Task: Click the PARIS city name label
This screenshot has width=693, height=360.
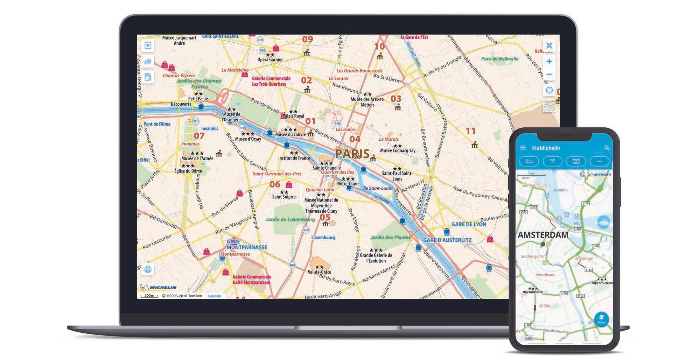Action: click(x=352, y=154)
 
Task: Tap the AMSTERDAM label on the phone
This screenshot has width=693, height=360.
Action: click(x=543, y=235)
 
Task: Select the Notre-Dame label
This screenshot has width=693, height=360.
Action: click(x=348, y=184)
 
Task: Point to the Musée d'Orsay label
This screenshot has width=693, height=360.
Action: click(x=248, y=139)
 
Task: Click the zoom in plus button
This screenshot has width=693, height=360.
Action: click(x=549, y=62)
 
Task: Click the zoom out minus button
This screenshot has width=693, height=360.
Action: click(x=549, y=74)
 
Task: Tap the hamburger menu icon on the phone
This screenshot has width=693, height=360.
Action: click(x=523, y=148)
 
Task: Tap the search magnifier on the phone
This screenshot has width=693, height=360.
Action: click(x=607, y=148)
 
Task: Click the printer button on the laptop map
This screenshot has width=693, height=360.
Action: click(x=148, y=269)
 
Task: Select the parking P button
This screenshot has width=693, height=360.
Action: click(x=148, y=45)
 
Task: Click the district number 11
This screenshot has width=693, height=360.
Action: click(x=470, y=131)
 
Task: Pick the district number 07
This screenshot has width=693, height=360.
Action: click(x=199, y=136)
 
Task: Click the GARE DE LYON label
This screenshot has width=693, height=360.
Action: click(x=469, y=224)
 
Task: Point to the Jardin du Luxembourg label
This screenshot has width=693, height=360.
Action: click(x=290, y=219)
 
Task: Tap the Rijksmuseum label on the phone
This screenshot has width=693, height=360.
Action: click(x=533, y=292)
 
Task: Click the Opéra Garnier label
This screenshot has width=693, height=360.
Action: click(x=270, y=59)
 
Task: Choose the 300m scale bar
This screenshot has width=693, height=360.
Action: click(x=149, y=296)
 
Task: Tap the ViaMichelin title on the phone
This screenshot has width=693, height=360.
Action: click(x=546, y=148)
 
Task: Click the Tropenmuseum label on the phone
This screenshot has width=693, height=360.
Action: click(x=601, y=283)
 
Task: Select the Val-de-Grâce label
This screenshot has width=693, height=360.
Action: click(x=319, y=272)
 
